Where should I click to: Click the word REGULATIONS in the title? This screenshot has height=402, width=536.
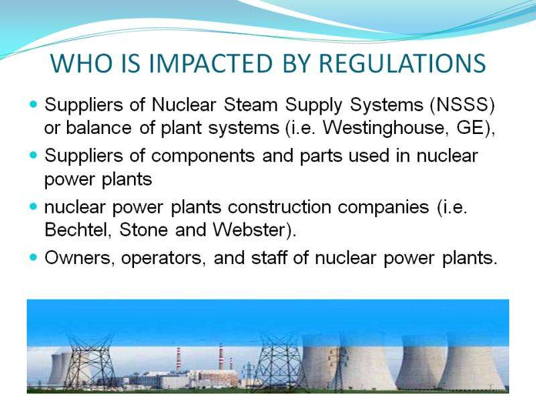[x=402, y=63]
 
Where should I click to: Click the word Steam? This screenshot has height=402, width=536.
[x=251, y=105]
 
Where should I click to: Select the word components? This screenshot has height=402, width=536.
[x=203, y=156]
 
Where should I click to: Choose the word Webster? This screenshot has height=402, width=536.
[x=249, y=229]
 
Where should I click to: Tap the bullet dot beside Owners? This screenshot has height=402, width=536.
[x=33, y=257]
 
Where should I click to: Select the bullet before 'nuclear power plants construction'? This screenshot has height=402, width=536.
[x=33, y=206]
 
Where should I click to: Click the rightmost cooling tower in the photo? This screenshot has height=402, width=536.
[x=472, y=364]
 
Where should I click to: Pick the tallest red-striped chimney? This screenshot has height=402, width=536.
[x=221, y=356]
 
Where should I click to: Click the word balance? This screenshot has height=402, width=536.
[x=98, y=128]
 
